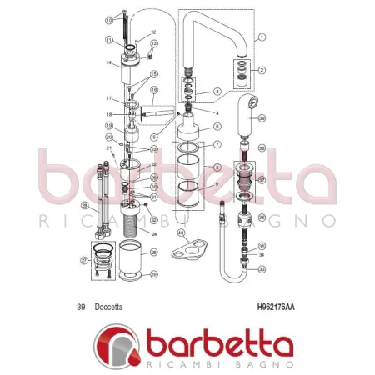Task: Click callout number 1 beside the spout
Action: pos(261,37)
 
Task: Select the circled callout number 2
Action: pos(261,70)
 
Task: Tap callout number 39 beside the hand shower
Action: pos(261,119)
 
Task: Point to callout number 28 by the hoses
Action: pos(84,205)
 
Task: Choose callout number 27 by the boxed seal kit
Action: pos(84,260)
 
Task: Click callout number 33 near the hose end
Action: pos(262,269)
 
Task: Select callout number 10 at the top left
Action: pos(109,18)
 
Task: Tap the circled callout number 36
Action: pos(262,217)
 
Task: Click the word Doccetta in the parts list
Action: pos(109,307)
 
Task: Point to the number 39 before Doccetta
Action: pos(81,307)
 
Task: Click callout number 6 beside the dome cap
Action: pos(217,126)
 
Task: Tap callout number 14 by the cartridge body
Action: pos(109,62)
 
